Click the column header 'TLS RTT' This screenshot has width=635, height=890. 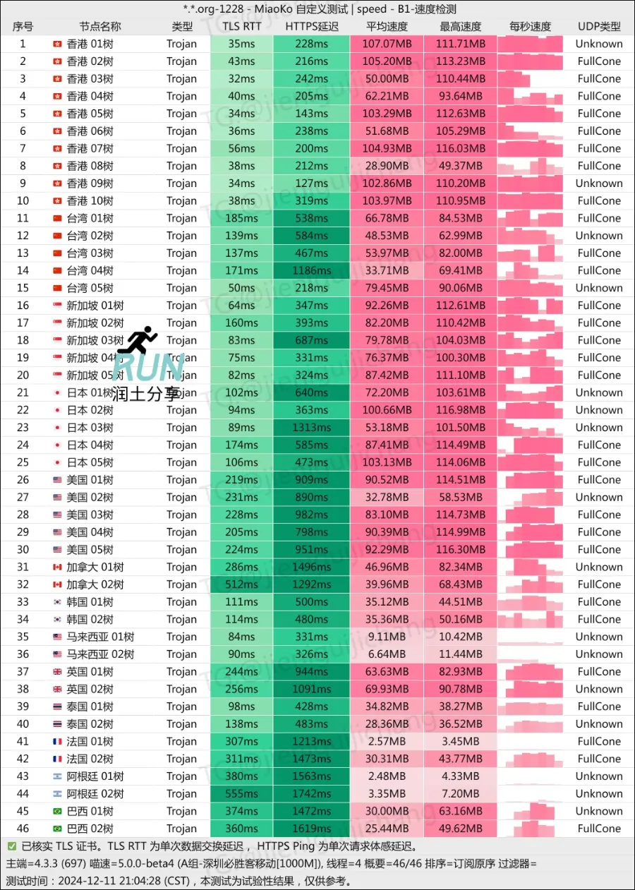point(241,27)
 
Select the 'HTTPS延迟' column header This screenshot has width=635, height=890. point(312,27)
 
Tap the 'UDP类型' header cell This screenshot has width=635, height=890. point(599,27)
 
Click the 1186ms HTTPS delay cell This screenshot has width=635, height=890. point(312,270)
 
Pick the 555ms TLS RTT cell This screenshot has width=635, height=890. point(241,794)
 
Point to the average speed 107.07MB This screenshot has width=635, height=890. point(387,44)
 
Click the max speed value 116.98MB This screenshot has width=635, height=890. point(461,410)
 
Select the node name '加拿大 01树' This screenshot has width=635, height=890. point(95,567)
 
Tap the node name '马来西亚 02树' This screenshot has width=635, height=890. point(100,654)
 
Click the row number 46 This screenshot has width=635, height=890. point(23,829)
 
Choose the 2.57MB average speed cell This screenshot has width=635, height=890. point(387,742)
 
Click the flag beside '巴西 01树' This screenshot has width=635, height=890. point(57,812)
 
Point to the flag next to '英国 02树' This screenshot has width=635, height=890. point(57,690)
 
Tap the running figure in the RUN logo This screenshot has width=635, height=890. point(139,340)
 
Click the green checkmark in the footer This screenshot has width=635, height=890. point(12,846)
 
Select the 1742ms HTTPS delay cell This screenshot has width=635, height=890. point(312,794)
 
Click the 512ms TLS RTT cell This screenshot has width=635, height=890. point(241,584)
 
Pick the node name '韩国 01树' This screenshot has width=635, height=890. point(90,602)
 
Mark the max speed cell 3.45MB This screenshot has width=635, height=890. point(461,742)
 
